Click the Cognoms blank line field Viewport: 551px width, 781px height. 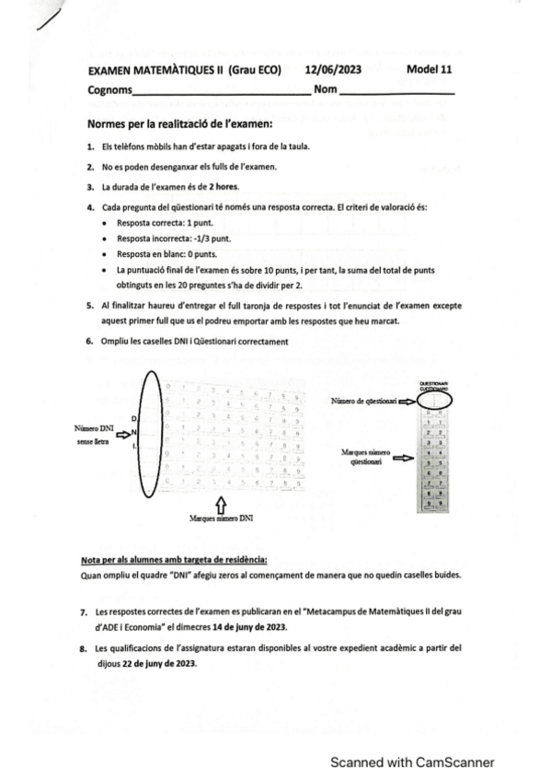[221, 91]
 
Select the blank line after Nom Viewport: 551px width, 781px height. [396, 91]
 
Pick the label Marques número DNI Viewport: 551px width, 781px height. [221, 519]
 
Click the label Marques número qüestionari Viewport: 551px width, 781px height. [362, 457]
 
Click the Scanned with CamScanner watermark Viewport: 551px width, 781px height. [413, 762]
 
